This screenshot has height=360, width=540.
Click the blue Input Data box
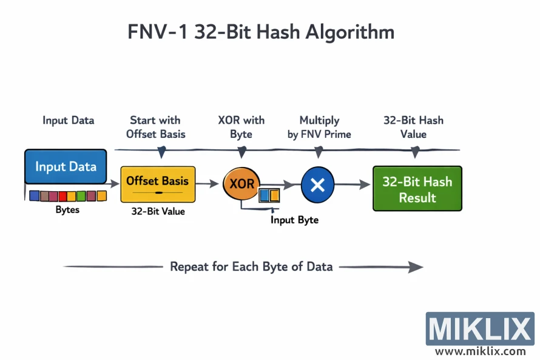66,166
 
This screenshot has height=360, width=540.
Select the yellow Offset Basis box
158,184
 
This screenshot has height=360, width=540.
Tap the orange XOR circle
241,183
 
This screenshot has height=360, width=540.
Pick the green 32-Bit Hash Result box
417,189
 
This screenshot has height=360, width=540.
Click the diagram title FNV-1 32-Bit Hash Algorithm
261,32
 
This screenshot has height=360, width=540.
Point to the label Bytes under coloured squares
67,210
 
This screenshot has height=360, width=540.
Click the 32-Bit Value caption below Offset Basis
158,212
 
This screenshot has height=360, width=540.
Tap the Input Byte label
294,220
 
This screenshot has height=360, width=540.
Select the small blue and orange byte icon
269,195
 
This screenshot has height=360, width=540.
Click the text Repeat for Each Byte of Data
251,267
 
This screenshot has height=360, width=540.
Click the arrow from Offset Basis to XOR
208,183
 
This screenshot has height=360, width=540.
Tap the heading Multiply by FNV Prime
319,127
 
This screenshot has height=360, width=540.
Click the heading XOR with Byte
241,127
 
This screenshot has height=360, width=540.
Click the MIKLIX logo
479,328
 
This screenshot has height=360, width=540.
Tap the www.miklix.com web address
480,352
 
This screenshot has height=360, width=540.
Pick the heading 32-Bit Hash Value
413,127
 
